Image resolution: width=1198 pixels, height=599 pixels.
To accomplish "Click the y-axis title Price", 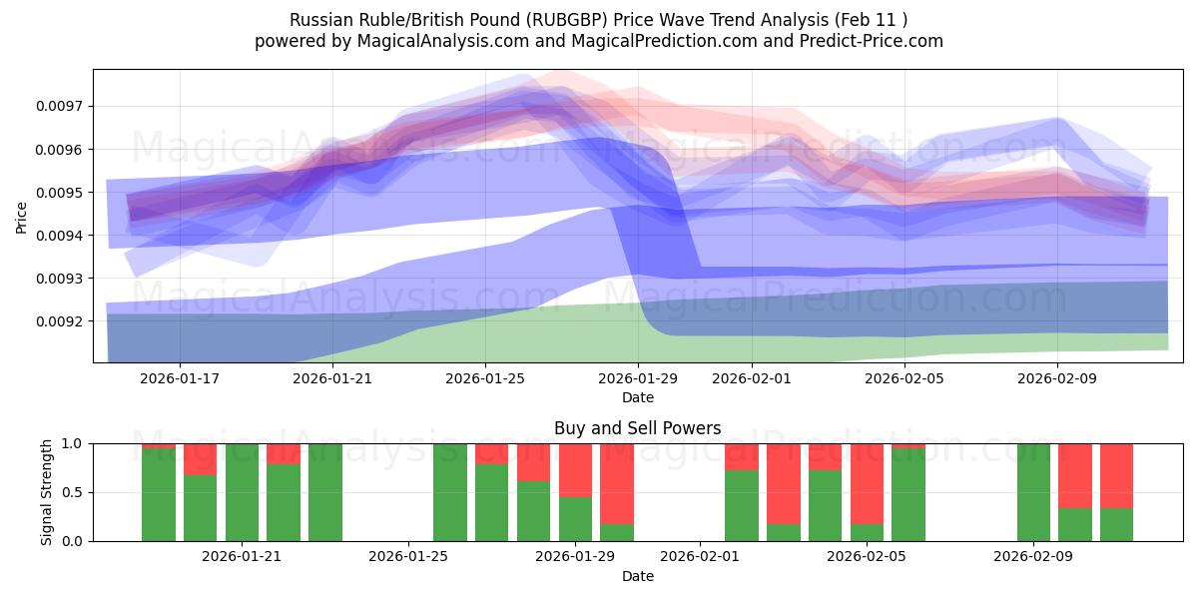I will [21, 217].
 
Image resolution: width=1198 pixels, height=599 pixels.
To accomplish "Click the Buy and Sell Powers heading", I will [637, 428].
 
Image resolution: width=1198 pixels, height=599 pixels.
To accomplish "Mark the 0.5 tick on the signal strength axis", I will [74, 492].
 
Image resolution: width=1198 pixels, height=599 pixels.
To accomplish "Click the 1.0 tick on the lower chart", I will [74, 443].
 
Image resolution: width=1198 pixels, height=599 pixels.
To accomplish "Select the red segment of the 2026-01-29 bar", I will [575, 469].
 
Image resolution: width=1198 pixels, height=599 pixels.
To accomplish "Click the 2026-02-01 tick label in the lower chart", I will [700, 557].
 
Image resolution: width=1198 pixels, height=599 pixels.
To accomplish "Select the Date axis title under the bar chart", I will [637, 576].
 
